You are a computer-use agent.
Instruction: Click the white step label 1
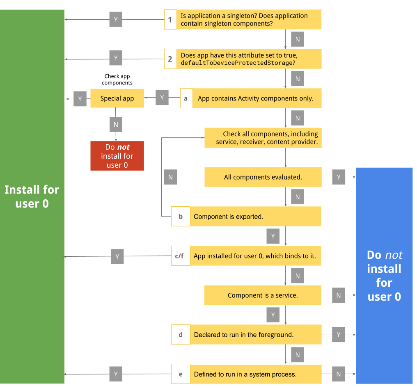click(170, 20)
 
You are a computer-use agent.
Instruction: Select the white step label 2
click(170, 59)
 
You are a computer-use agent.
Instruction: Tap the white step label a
click(186, 98)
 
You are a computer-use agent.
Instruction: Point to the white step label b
click(181, 216)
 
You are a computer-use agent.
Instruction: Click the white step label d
click(181, 335)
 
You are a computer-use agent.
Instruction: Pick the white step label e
click(181, 374)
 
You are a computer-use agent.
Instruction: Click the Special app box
click(117, 98)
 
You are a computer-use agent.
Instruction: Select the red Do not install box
click(117, 156)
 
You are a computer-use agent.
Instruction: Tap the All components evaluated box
click(263, 177)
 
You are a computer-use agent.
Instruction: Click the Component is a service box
click(263, 295)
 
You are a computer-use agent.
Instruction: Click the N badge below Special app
click(116, 124)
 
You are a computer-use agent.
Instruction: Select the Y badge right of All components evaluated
click(339, 177)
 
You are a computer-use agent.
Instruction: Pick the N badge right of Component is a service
click(339, 295)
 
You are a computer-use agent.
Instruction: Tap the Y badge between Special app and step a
click(162, 98)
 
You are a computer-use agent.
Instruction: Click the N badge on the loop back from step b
click(170, 177)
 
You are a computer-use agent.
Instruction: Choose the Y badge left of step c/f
click(117, 257)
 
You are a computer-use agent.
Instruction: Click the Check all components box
click(263, 138)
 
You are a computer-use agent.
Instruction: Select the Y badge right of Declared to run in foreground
click(339, 335)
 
